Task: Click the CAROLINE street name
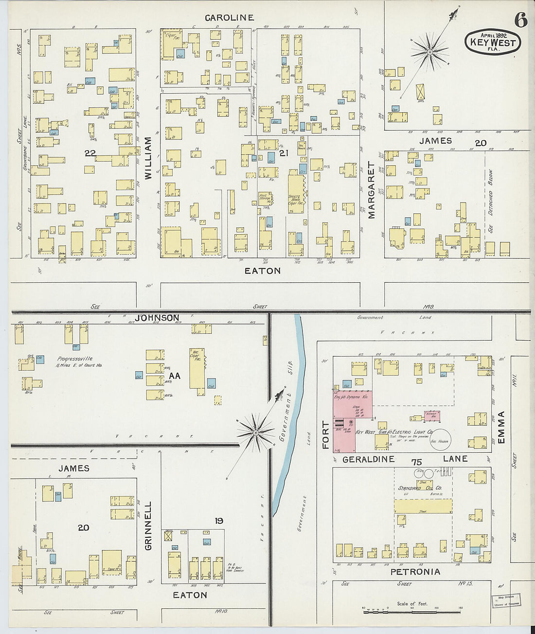pyautogui.click(x=229, y=18)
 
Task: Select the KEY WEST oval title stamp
pyautogui.click(x=492, y=42)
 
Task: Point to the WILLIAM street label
pyautogui.click(x=148, y=158)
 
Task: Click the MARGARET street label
pyautogui.click(x=372, y=190)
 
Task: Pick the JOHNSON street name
pyautogui.click(x=157, y=318)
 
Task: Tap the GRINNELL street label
pyautogui.click(x=148, y=526)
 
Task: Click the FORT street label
pyautogui.click(x=325, y=435)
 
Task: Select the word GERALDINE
pyautogui.click(x=368, y=459)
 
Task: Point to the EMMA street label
pyautogui.click(x=501, y=427)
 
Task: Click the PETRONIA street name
pyautogui.click(x=415, y=572)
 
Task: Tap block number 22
pyautogui.click(x=90, y=153)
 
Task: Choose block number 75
pyautogui.click(x=416, y=462)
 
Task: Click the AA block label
pyautogui.click(x=174, y=376)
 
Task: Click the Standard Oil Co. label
pyautogui.click(x=419, y=488)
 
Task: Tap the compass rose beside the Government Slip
pyautogui.click(x=255, y=432)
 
